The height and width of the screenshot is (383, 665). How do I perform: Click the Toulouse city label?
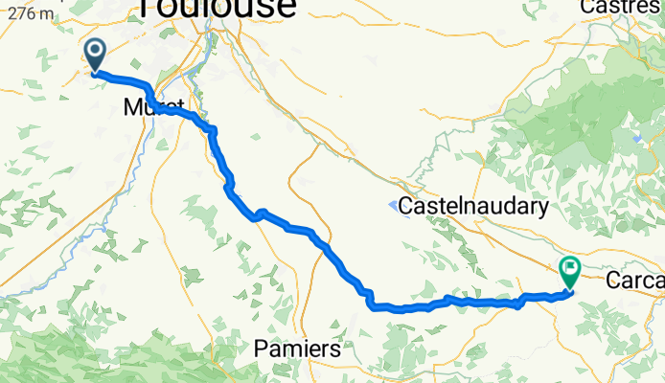coord(217,8)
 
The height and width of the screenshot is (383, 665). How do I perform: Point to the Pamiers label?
coord(297,350)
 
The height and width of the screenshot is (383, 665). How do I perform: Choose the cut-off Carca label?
coord(635,281)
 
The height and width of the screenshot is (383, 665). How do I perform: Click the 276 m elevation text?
coord(28,13)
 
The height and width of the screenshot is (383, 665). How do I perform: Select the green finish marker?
coord(569,272)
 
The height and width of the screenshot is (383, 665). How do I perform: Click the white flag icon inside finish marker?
coord(569,268)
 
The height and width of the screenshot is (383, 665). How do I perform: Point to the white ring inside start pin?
coord(97,51)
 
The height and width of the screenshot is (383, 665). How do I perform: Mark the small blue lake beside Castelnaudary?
coord(394,204)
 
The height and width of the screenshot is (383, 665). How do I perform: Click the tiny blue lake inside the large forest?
coord(635,137)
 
